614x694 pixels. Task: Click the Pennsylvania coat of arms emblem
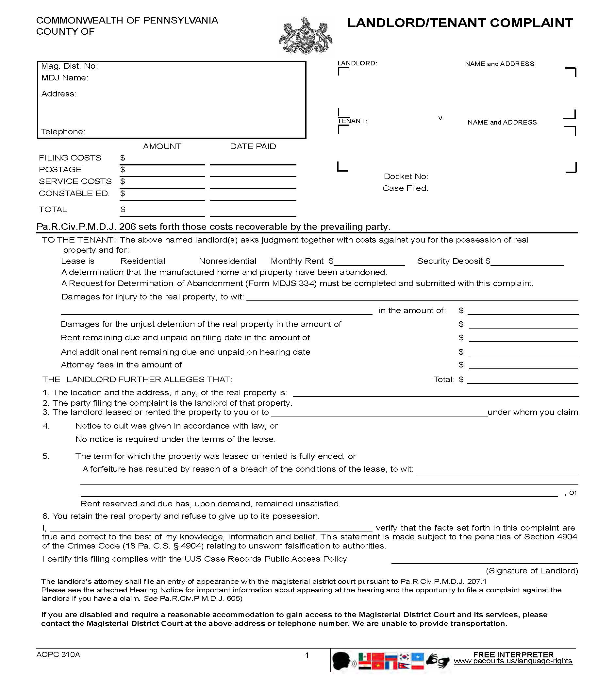click(x=305, y=37)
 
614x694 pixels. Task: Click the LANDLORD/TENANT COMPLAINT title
click(x=460, y=23)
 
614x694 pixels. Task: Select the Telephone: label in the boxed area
click(x=63, y=132)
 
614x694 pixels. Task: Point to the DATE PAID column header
click(x=253, y=146)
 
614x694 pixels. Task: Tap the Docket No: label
click(x=406, y=177)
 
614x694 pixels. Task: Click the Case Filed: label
click(x=405, y=188)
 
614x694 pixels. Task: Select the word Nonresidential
click(x=227, y=261)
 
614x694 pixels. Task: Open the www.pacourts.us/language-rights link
click(x=513, y=661)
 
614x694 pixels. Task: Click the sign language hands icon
click(x=438, y=661)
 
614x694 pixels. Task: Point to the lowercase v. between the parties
click(x=441, y=118)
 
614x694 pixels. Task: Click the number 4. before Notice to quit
click(x=46, y=426)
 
